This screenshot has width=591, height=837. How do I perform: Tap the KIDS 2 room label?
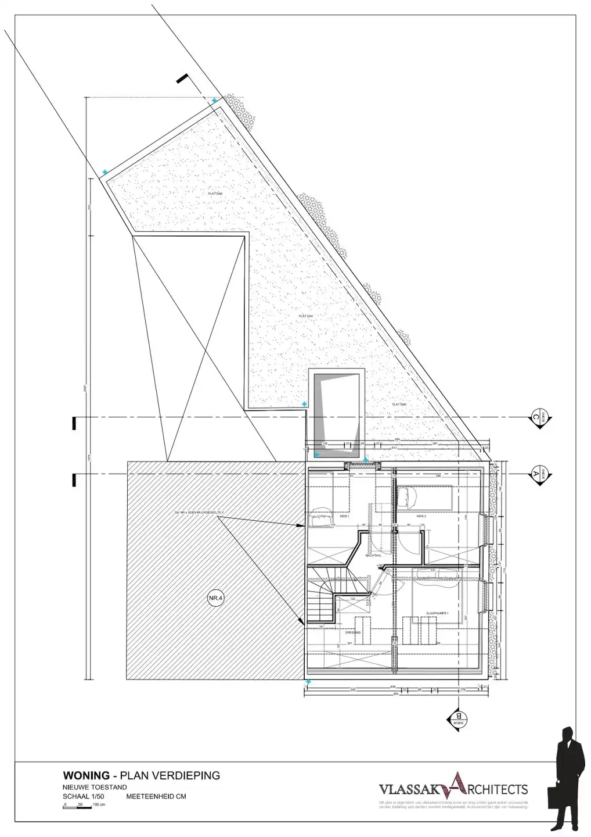(421, 516)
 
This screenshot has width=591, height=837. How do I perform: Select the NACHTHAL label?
(373, 555)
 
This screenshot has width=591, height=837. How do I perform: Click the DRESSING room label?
(353, 632)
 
